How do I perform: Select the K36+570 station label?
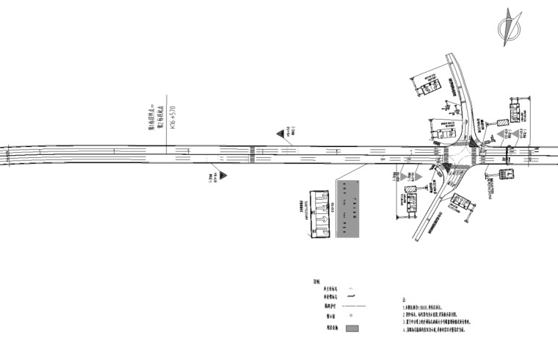click(x=173, y=118)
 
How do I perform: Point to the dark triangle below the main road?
click(x=222, y=176)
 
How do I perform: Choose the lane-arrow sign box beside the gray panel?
click(x=320, y=214)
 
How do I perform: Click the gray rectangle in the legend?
click(x=352, y=328)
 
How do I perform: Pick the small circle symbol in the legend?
click(x=352, y=317)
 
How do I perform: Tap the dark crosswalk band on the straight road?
click(x=253, y=152)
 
